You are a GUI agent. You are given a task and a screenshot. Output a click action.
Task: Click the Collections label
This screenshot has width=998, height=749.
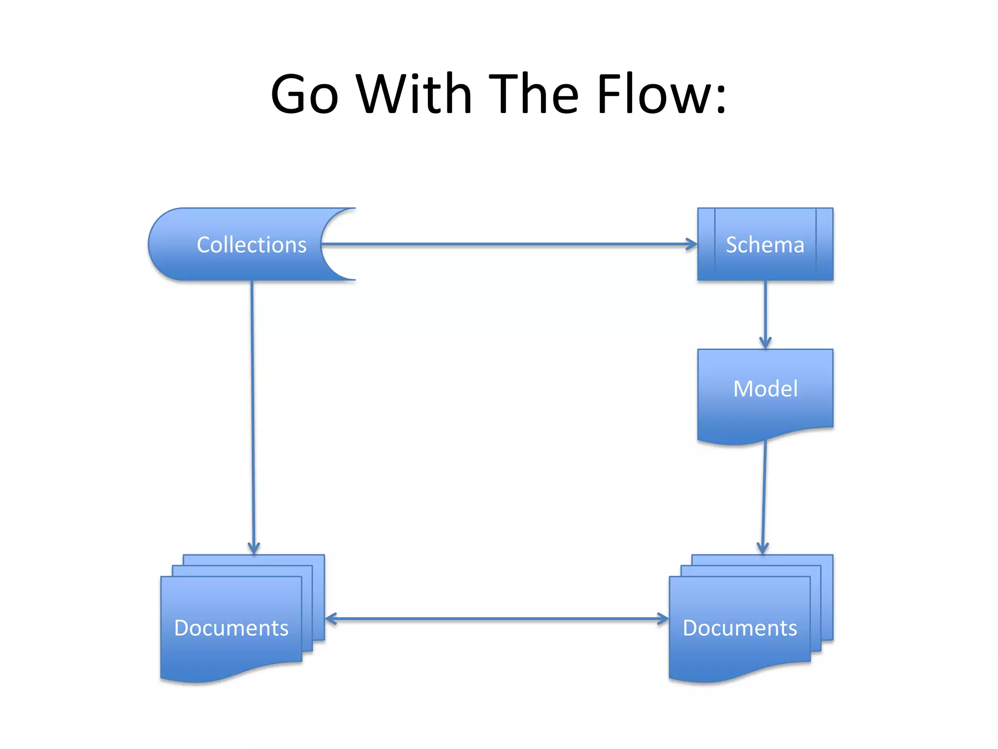251,245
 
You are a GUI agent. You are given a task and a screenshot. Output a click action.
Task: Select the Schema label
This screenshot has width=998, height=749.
765,245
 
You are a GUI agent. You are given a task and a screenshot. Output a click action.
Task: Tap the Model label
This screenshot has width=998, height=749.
765,389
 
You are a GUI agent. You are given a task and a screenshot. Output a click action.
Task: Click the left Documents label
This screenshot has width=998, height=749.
231,628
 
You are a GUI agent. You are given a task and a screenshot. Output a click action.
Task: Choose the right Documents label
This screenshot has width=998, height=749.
740,628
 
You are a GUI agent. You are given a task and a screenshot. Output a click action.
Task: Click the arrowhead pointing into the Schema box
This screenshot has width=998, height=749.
692,244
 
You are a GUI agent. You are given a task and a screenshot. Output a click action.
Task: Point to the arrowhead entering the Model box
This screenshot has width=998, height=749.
765,343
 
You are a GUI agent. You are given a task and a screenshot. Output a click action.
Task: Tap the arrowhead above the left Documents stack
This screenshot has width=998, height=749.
254,548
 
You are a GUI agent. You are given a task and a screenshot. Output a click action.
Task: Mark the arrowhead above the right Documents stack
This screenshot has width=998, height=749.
763,548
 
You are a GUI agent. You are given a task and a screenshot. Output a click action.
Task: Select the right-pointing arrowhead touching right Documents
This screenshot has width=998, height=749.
663,619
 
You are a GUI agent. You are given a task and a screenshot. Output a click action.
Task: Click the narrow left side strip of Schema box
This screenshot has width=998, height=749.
706,244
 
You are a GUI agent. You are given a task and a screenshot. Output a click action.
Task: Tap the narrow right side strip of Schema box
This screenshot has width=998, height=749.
825,244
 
